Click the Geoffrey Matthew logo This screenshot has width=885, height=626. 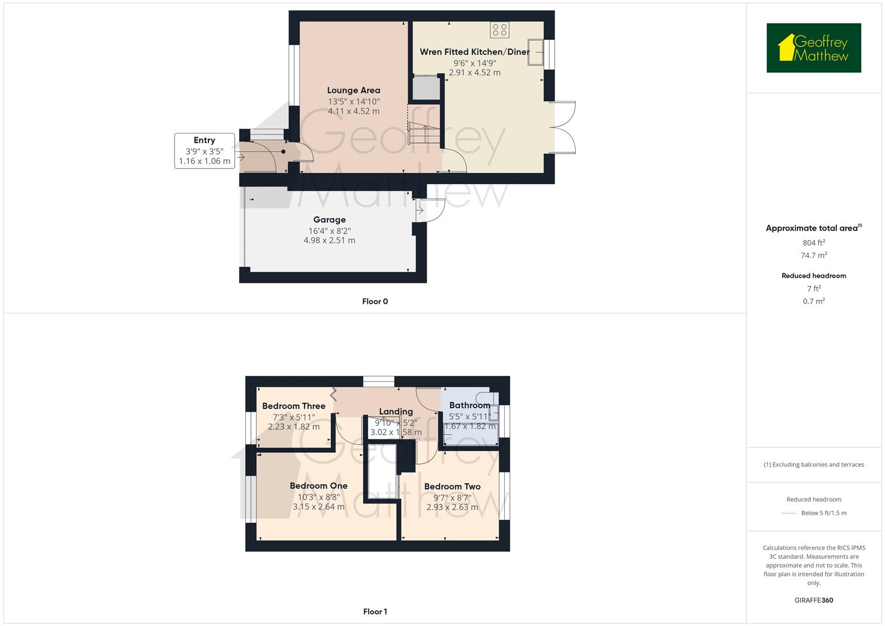(813, 48)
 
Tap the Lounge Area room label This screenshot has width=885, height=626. (354, 90)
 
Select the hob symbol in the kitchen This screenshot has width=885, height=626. (500, 30)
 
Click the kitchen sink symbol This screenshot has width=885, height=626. (536, 53)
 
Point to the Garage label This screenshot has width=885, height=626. (329, 220)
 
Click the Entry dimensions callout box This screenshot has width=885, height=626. (205, 151)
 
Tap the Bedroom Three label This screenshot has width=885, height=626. (293, 406)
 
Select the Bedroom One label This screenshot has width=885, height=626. (318, 486)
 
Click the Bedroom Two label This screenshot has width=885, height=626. (452, 487)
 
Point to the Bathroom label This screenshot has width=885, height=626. (469, 405)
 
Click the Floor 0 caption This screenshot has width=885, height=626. (375, 301)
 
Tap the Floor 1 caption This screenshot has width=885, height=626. (375, 612)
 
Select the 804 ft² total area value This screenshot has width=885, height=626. (814, 243)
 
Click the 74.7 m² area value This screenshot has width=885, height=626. (814, 256)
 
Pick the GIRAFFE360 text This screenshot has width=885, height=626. (814, 600)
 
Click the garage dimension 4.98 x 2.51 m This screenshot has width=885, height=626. (329, 241)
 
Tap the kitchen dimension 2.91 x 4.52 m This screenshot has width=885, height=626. (474, 73)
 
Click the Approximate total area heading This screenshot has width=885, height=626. (813, 228)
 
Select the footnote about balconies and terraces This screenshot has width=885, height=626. (814, 464)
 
